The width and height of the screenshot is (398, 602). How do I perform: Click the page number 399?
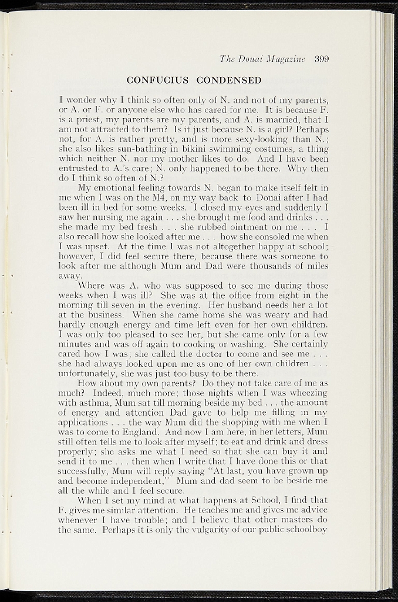click(x=321, y=58)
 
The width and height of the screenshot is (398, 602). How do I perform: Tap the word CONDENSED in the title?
click(x=230, y=79)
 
